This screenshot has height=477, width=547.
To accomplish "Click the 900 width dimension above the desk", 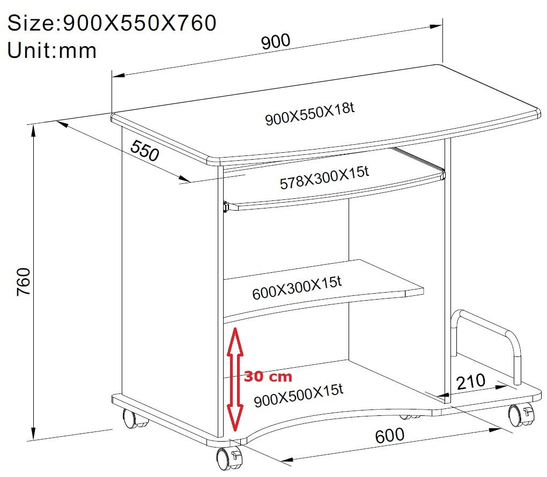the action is pyautogui.click(x=276, y=41).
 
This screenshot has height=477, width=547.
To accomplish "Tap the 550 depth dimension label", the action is pyautogui.click(x=145, y=150).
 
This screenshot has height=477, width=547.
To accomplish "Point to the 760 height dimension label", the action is pyautogui.click(x=24, y=282).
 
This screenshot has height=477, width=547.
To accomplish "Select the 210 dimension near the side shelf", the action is pyautogui.click(x=471, y=382).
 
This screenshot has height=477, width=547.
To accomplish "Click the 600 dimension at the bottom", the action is pyautogui.click(x=390, y=436).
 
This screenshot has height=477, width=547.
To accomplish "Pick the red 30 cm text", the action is pyautogui.click(x=268, y=377).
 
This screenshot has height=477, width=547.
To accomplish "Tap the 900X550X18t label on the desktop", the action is pyautogui.click(x=310, y=114).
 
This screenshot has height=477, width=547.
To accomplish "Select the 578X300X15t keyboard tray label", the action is pyautogui.click(x=324, y=178).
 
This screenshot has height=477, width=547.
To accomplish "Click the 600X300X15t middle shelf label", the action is pyautogui.click(x=297, y=288).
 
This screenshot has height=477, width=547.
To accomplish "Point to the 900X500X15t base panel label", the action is pyautogui.click(x=299, y=396).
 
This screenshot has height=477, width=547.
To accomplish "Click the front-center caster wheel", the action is pyautogui.click(x=229, y=458).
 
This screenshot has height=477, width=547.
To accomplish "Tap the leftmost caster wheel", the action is pyautogui.click(x=132, y=419).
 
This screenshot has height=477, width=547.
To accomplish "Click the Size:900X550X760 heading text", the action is pyautogui.click(x=112, y=23).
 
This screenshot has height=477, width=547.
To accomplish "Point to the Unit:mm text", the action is pyautogui.click(x=51, y=50).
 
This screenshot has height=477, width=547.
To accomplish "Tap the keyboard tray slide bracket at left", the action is pyautogui.click(x=226, y=207).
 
